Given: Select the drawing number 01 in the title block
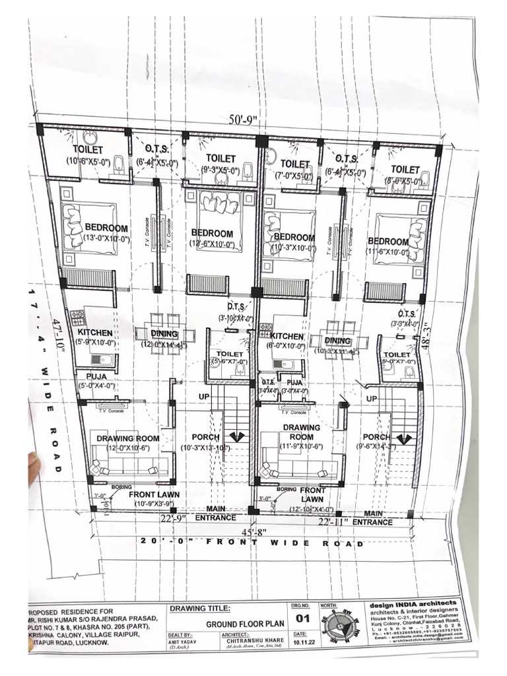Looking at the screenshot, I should point(303,619).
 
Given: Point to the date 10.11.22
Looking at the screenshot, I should point(302,641).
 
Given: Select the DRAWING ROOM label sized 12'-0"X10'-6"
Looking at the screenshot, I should point(128,438).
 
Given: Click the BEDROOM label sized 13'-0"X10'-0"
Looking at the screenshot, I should point(107,228).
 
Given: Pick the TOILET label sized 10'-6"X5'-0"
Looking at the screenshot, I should point(88,151).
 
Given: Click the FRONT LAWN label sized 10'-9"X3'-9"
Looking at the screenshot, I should point(154,494).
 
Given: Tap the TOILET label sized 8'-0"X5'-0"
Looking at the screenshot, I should point(405,170).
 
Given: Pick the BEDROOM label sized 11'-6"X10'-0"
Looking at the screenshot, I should point(388,242).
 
